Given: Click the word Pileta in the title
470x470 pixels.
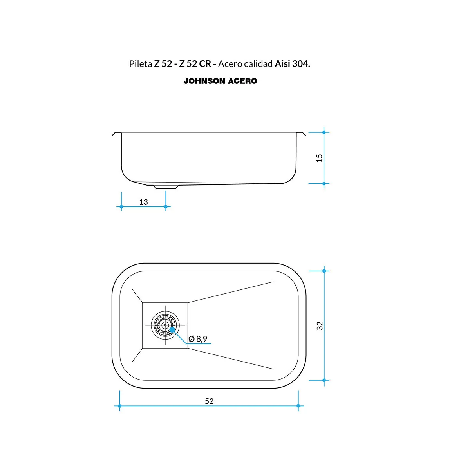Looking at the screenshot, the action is tap(141, 64).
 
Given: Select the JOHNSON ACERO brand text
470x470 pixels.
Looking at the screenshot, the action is tap(220, 81).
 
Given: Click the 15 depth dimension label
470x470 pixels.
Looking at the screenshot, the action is tap(319, 158).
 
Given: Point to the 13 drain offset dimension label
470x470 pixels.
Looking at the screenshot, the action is tap(143, 202).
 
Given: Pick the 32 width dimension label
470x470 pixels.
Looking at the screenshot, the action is tap(320, 326).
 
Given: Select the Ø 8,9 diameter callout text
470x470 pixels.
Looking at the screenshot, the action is tap(198, 339).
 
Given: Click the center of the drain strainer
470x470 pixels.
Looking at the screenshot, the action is tap(165, 325).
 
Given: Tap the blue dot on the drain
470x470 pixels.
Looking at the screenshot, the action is tap(172, 330).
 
